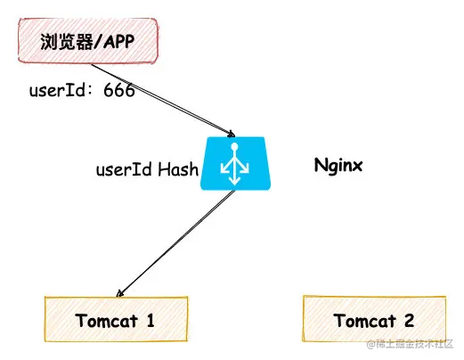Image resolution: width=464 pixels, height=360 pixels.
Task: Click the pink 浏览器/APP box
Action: [88, 40]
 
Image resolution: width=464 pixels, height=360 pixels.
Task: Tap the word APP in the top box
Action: [118, 42]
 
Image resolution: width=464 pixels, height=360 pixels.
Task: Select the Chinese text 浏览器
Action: [67, 42]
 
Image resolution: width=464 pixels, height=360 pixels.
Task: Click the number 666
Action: [119, 90]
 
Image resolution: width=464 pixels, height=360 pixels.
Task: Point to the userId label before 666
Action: [58, 90]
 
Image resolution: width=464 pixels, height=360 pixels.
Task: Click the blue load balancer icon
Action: [235, 163]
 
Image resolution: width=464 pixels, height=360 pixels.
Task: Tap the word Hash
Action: [178, 169]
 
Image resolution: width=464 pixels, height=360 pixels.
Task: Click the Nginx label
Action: [338, 166]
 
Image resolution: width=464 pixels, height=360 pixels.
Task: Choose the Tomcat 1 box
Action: [116, 319]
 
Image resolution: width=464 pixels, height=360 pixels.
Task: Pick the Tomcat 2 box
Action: [374, 318]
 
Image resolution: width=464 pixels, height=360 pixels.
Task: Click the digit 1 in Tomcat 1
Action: [151, 321]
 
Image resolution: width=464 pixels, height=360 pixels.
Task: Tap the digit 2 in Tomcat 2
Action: [409, 320]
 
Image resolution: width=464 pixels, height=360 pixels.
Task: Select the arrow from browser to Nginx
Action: [163, 100]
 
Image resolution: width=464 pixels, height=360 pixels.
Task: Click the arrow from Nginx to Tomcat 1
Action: [176, 243]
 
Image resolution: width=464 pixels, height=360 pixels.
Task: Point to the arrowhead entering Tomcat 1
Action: [119, 293]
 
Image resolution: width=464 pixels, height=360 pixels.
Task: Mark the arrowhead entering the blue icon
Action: [232, 134]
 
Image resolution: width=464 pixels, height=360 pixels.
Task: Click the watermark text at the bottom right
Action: [410, 345]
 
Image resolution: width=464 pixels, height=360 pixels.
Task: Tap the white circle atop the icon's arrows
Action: [234, 146]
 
